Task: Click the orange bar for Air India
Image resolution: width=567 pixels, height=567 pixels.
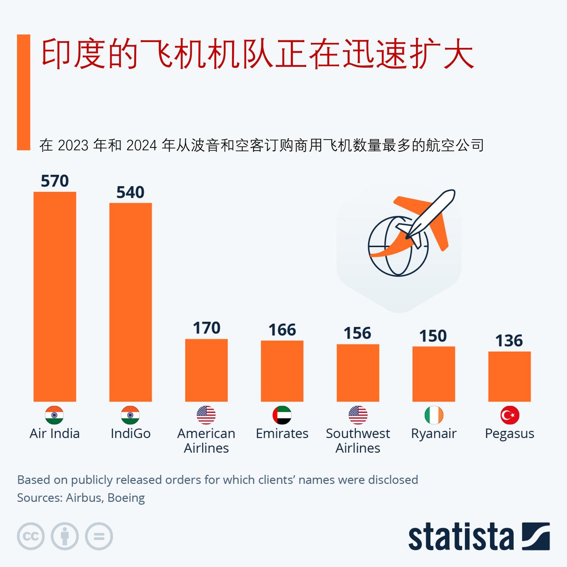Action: tap(55, 297)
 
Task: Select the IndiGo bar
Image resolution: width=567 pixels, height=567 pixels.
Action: tap(131, 302)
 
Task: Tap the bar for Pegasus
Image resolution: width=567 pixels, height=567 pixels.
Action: tap(509, 377)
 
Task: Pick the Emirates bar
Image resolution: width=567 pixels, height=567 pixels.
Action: tap(282, 371)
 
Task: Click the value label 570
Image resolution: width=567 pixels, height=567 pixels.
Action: tap(55, 181)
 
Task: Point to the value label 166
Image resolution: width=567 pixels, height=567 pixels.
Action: tap(282, 330)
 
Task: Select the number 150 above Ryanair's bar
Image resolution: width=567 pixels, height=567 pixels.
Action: tap(433, 336)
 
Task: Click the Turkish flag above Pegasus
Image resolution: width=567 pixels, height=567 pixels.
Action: tap(509, 415)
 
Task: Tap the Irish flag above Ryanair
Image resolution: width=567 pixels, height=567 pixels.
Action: tap(434, 415)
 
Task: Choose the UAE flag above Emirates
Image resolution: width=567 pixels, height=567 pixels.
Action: tap(282, 415)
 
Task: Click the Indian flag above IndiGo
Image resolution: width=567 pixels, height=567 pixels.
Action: tap(130, 415)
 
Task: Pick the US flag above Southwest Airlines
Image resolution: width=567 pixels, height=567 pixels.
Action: tap(358, 415)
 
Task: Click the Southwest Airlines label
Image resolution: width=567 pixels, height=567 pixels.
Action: tap(358, 440)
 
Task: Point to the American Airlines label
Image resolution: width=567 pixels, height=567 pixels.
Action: tap(206, 440)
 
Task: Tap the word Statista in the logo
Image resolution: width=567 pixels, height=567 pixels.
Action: tap(461, 537)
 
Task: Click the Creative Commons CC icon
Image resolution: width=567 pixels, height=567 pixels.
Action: tap(31, 536)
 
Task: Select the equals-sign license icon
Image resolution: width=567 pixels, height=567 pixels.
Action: tap(99, 536)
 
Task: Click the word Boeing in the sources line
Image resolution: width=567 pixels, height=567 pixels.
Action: tap(126, 498)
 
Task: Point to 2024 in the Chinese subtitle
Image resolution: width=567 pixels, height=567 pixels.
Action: tap(141, 145)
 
